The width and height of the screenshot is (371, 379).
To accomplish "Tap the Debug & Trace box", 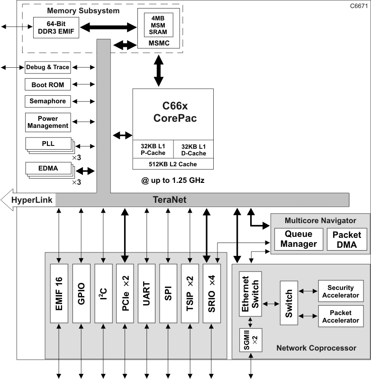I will point(47,67).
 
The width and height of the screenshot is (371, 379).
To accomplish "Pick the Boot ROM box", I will point(47,85).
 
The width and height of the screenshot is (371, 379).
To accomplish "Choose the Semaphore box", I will point(47,101).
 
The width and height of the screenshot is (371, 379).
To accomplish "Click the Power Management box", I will point(47,122).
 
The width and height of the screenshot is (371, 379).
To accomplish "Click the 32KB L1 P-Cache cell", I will point(153,150).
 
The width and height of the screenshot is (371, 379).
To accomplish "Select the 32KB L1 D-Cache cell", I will point(193,150).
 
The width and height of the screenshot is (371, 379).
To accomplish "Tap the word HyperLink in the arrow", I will point(32,199).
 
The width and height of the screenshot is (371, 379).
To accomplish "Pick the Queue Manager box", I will point(298,240).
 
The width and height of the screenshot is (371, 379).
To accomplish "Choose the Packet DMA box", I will point(347,240).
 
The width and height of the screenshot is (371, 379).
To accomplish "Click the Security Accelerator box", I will point(341,291).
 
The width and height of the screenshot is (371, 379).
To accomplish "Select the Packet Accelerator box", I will point(341,316).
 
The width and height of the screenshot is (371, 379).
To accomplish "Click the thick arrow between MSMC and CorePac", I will point(158,70).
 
